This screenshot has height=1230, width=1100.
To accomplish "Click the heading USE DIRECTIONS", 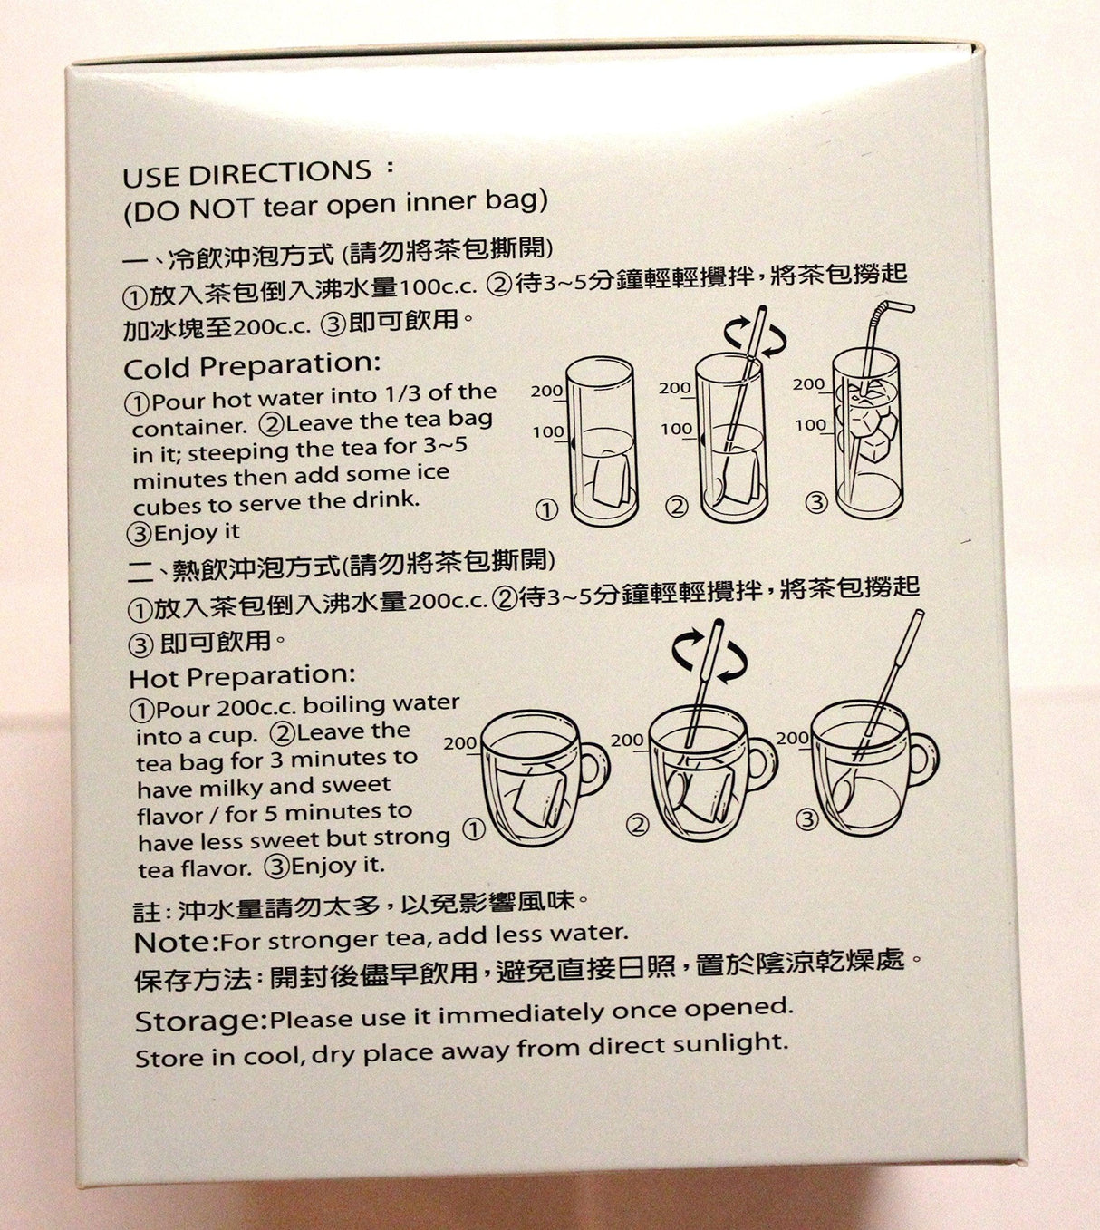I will [x=246, y=173].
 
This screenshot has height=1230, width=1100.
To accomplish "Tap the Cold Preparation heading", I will [x=252, y=366].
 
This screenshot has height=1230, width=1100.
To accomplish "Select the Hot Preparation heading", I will [x=242, y=676].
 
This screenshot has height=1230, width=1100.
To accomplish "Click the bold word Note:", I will [x=176, y=942].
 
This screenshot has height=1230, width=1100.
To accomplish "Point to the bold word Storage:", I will [x=201, y=1022].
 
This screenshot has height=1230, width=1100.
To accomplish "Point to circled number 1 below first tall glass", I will [x=545, y=510].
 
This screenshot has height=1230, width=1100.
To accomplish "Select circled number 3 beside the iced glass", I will [x=816, y=501].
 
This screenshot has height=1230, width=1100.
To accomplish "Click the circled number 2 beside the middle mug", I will [x=639, y=824].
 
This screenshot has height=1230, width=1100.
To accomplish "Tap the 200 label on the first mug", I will [x=460, y=743].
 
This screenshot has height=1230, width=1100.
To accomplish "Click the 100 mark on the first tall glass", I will [x=547, y=432].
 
